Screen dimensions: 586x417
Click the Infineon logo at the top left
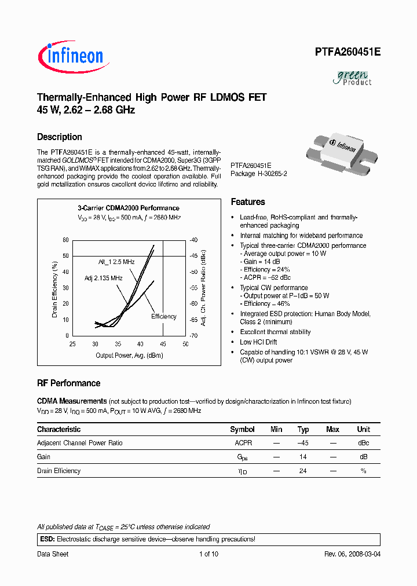71,56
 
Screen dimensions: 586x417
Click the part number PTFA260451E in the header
348,52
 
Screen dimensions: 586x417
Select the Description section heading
60,137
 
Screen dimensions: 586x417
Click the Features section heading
248,202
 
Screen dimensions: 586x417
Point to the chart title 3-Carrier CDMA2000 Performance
129,208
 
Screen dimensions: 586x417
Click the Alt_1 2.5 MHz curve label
116,262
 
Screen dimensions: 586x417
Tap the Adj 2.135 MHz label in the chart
103,278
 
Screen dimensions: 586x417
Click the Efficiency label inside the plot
164,317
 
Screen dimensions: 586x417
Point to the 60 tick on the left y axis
65,240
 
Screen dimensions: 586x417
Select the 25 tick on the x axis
73,344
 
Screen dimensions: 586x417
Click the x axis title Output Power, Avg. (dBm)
129,355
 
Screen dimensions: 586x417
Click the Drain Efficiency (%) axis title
55,290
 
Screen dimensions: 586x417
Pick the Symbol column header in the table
242,430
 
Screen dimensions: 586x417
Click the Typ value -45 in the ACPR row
303,443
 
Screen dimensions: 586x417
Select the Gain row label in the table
43,457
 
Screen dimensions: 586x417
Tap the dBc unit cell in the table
363,443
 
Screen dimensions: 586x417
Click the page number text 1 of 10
209,554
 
